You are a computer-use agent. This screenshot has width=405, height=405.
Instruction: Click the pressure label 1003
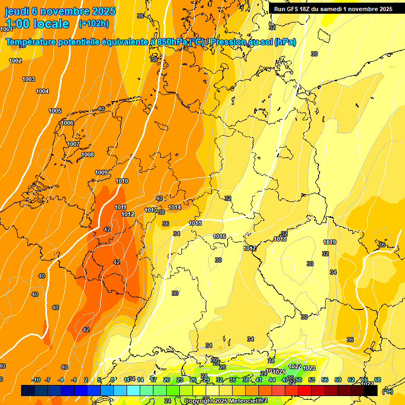tap(28, 79)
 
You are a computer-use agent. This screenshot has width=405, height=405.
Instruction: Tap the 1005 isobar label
tap(55, 111)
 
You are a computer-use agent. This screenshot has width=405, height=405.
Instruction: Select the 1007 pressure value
tap(73, 144)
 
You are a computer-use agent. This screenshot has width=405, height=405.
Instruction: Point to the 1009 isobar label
tap(101, 172)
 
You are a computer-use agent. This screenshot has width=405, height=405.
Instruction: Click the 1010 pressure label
tap(122, 181)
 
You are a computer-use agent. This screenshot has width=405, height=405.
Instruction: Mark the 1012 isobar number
tap(128, 214)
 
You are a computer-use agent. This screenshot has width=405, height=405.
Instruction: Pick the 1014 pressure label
tap(175, 207)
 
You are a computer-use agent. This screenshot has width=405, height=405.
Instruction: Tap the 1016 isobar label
tap(220, 236)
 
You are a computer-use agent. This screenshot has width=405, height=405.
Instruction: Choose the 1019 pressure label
tap(330, 242)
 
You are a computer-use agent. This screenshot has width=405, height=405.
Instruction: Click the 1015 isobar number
tap(195, 223)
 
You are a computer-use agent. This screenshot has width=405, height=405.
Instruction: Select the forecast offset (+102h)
tap(94, 23)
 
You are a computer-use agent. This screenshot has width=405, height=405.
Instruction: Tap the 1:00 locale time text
tap(37, 24)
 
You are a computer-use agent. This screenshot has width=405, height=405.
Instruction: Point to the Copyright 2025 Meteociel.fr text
tap(226, 401)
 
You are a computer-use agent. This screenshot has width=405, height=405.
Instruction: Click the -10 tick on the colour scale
tap(36, 380)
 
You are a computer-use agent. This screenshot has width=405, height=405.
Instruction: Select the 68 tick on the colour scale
tap(378, 380)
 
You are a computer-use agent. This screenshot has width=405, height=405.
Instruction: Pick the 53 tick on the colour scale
tap(312, 380)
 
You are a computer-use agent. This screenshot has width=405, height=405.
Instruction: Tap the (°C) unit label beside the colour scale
tap(388, 391)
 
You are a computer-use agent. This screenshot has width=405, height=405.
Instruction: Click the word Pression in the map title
tap(228, 42)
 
